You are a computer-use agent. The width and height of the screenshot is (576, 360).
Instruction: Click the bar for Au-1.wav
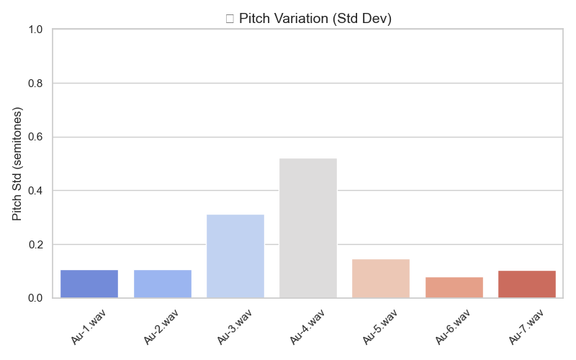tap(89, 284)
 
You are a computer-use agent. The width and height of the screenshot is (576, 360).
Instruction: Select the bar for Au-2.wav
tap(162, 284)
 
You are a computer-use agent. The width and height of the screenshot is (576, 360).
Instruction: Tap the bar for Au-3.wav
tap(235, 256)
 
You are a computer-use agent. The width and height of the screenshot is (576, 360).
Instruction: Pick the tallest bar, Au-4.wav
tap(308, 228)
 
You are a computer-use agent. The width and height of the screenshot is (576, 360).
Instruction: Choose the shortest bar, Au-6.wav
tap(454, 287)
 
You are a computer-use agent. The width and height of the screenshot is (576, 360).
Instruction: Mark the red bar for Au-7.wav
tap(527, 284)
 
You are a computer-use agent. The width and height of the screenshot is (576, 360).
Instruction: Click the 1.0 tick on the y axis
tap(36, 30)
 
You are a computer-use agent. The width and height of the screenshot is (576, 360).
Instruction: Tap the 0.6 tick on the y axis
tap(36, 137)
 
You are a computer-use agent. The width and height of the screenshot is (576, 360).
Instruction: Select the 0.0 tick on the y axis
tap(36, 298)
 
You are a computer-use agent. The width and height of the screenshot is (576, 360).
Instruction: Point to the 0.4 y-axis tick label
tap(36, 191)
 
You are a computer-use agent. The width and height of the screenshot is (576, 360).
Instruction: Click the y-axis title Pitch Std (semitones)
tap(17, 163)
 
